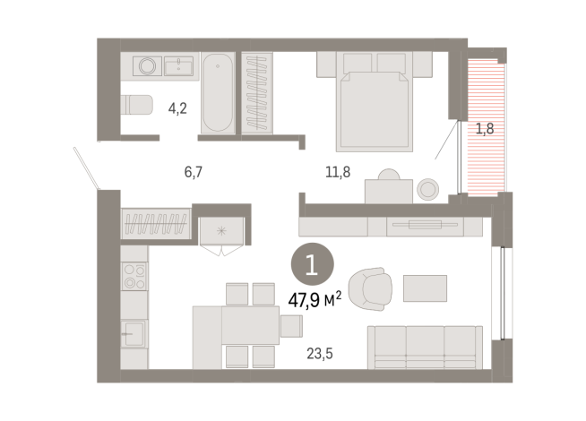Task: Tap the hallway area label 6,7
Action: (194, 171)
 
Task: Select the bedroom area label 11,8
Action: (337, 171)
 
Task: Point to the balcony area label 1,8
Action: (484, 128)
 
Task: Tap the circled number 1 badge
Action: (312, 265)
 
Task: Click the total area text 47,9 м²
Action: (314, 299)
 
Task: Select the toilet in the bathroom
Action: (138, 105)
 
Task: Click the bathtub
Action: (216, 93)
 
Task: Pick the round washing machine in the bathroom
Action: (146, 65)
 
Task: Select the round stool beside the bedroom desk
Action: (428, 189)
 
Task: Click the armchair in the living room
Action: (370, 288)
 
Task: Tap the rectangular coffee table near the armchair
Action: (425, 288)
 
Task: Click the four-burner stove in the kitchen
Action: (134, 276)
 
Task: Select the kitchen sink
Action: (134, 332)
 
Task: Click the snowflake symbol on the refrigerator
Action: (220, 229)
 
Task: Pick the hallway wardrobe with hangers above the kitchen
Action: (156, 222)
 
